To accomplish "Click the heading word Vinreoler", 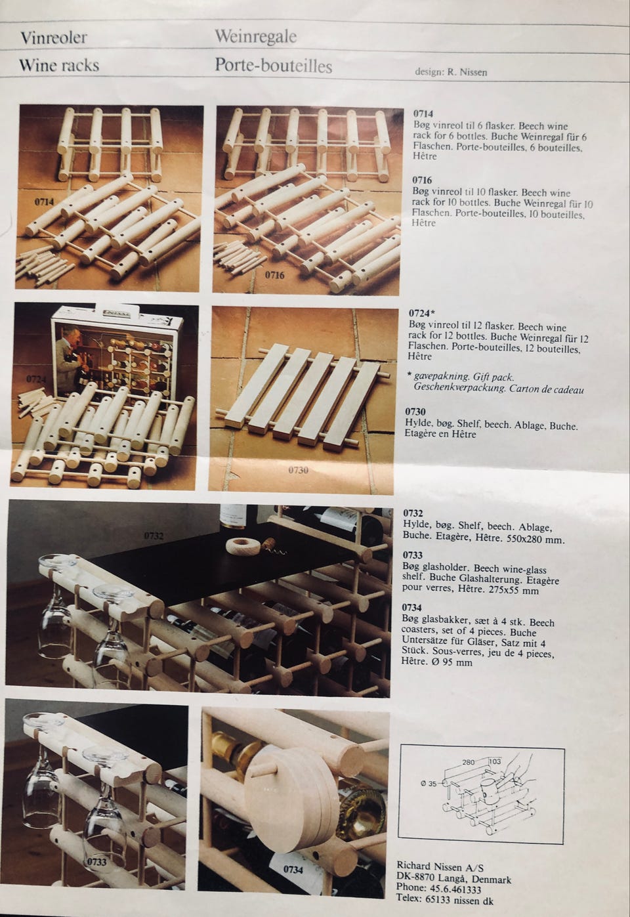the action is [x=53, y=37].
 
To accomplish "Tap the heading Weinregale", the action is [x=256, y=37].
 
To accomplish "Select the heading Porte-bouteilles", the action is [x=274, y=66].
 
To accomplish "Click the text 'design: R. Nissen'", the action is [x=451, y=72].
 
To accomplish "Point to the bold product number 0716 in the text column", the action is [x=422, y=180].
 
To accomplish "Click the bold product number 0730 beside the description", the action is [x=415, y=412].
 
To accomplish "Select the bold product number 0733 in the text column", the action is [x=412, y=555].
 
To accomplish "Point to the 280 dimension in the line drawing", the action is [x=469, y=762].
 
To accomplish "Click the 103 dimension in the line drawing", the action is [x=495, y=761].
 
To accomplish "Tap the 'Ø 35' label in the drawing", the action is [x=429, y=784].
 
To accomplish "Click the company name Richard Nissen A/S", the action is [x=440, y=866].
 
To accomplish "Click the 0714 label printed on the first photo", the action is [x=44, y=202].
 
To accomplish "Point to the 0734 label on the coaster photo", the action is [x=293, y=868].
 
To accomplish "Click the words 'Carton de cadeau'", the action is [x=547, y=389].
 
